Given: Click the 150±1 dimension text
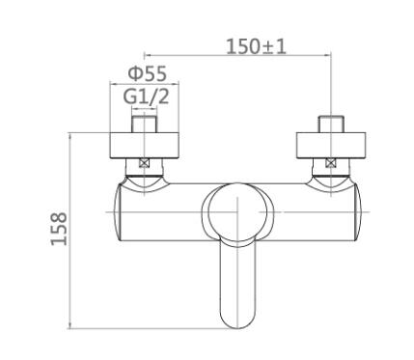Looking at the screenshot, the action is (x=256, y=47).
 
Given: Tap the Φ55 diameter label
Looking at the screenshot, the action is (x=148, y=73).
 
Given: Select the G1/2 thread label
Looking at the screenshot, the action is (x=146, y=97).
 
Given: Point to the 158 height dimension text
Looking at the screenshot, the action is (x=59, y=229).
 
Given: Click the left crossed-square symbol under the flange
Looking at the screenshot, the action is (x=144, y=163).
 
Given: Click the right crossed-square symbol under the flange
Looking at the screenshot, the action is (x=330, y=163).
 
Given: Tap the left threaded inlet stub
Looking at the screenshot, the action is (x=144, y=124).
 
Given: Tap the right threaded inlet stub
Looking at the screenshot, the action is (x=331, y=124).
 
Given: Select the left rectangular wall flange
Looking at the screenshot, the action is (x=144, y=145).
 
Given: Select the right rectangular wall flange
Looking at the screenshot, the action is (x=331, y=145).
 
